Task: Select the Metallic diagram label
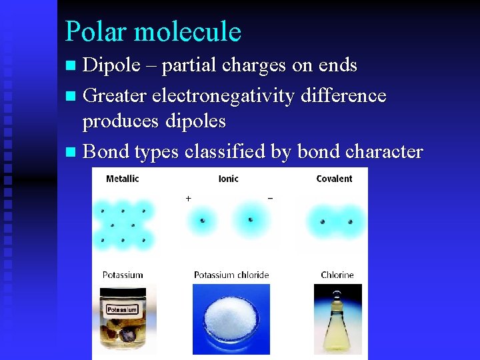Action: click(x=123, y=179)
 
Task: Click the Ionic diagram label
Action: click(x=229, y=179)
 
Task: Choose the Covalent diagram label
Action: click(x=334, y=179)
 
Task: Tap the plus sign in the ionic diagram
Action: click(x=188, y=198)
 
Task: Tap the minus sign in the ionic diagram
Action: click(x=269, y=198)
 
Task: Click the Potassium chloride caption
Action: click(x=231, y=275)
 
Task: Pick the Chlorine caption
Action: click(x=337, y=275)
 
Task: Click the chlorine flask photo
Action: click(x=337, y=319)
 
